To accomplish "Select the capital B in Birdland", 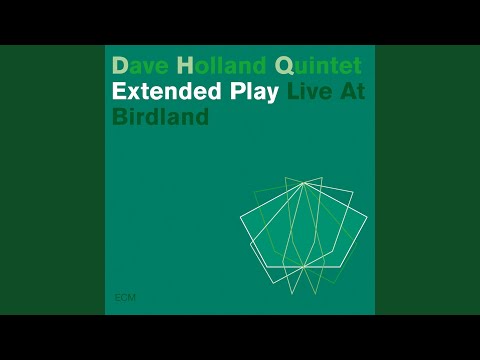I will (x=120, y=115).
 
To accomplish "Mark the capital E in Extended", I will (x=119, y=93).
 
